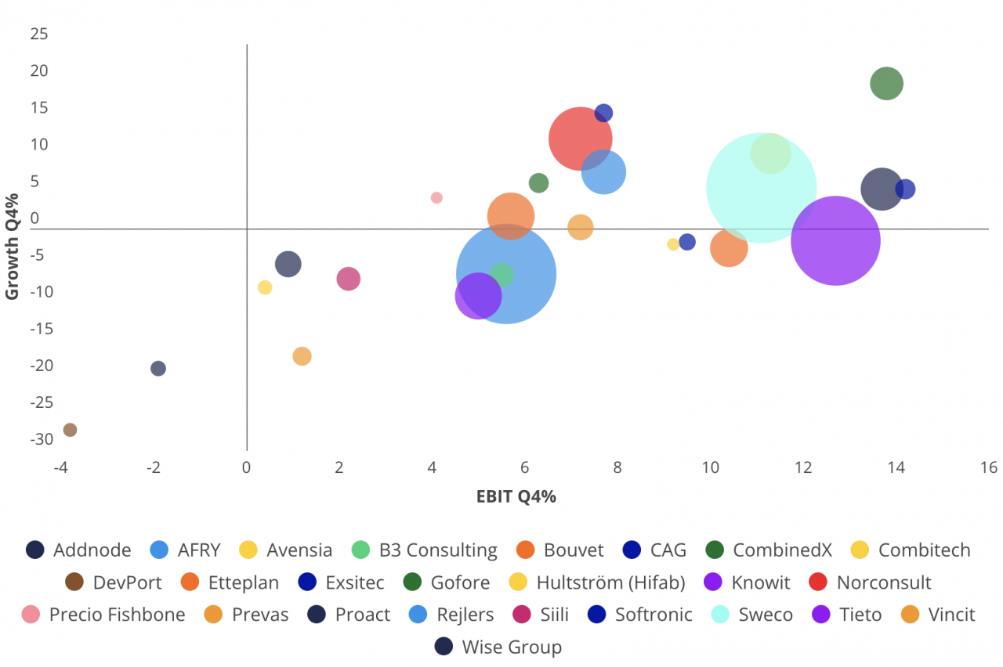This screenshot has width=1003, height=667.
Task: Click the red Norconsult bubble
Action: pos(580,138)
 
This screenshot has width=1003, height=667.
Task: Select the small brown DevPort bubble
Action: pos(70,430)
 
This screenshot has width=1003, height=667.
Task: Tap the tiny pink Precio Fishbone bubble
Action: pos(436,198)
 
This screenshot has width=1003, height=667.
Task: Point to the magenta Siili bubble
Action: pos(348,279)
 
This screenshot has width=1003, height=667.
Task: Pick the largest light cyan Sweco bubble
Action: pos(761,188)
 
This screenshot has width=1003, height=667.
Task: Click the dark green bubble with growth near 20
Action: pos(886,84)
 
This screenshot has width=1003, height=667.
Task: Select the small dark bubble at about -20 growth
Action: pos(158,369)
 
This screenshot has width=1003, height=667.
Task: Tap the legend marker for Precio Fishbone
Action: pos(31,615)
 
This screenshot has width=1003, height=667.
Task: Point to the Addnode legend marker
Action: pos(34,550)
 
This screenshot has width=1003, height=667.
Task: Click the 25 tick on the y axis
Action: pos(39,34)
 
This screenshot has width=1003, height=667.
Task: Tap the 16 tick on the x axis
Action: pos(988,468)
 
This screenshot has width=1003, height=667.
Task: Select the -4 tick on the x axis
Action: pos(61,468)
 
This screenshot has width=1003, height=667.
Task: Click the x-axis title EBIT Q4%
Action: pos(516,496)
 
